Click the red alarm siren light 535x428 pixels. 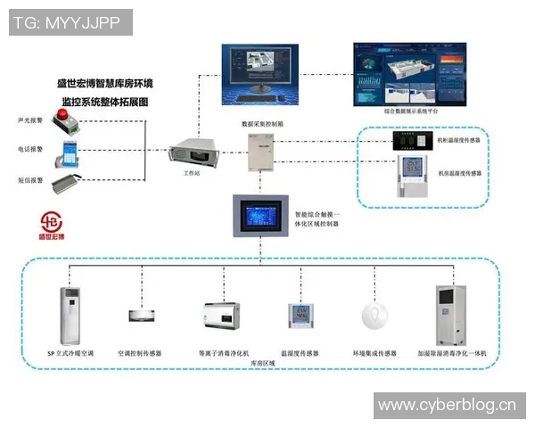click(x=66, y=117)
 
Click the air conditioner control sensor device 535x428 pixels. click(x=142, y=315)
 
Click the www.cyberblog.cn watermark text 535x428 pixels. click(x=448, y=406)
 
